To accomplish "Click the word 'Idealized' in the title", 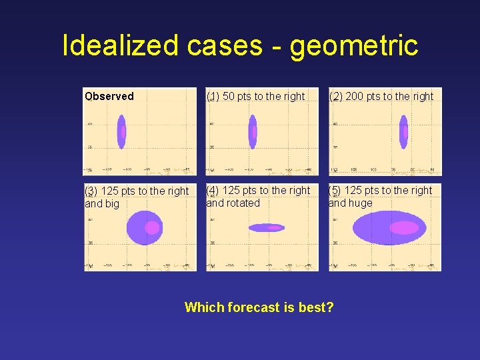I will pyautogui.click(x=120, y=45).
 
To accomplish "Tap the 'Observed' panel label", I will pyautogui.click(x=109, y=96).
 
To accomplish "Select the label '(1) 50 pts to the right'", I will pyautogui.click(x=255, y=96).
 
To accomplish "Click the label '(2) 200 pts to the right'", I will pyautogui.click(x=381, y=96).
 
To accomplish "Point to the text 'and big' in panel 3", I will pyautogui.click(x=102, y=203).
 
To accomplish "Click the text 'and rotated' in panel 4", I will pyautogui.click(x=233, y=203).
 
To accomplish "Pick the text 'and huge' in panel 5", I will pyautogui.click(x=351, y=203).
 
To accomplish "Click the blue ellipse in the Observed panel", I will pyautogui.click(x=121, y=131).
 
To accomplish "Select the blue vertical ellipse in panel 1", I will pyautogui.click(x=252, y=131).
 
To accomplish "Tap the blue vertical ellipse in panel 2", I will pyautogui.click(x=403, y=131).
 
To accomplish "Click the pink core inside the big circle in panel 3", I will pyautogui.click(x=153, y=227).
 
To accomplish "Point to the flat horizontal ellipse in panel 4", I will pyautogui.click(x=266, y=227).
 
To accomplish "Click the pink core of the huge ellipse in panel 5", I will pyautogui.click(x=404, y=227).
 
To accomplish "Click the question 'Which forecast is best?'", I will pyautogui.click(x=259, y=307).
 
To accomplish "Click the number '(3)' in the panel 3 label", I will pyautogui.click(x=91, y=191).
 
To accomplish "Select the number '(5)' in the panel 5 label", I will pyautogui.click(x=335, y=190).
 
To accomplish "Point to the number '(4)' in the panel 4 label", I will pyautogui.click(x=213, y=190).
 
